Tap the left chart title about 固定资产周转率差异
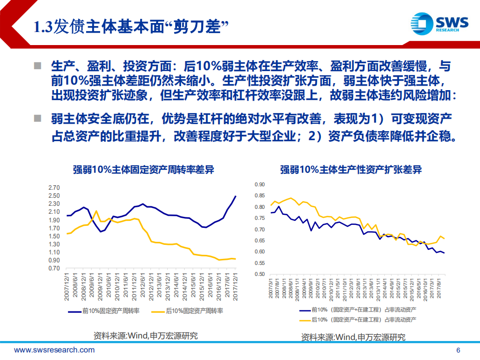click(142, 170)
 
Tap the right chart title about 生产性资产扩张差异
click(351, 170)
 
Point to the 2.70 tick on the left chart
click(53, 187)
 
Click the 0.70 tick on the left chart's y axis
click(53, 268)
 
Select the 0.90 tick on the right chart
click(259, 184)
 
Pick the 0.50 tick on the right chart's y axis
click(259, 274)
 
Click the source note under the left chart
click(146, 335)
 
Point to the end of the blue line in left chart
click(236, 196)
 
